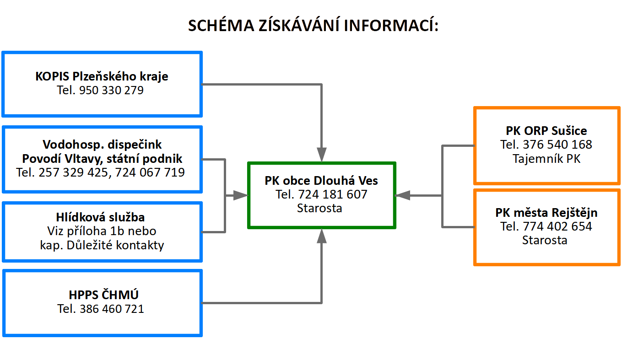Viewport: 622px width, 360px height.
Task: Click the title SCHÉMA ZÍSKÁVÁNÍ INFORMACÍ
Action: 313,26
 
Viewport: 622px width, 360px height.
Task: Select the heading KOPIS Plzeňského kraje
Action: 102,76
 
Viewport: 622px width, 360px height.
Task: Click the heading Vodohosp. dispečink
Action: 102,145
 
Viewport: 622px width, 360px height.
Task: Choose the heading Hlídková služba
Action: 102,217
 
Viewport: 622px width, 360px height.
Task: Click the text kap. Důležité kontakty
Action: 102,245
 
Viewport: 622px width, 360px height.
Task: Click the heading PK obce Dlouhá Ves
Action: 321,181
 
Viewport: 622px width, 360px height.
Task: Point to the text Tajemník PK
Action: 546,159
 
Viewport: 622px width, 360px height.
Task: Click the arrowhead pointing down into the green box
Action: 322,154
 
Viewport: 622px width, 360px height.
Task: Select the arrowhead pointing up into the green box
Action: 322,236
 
